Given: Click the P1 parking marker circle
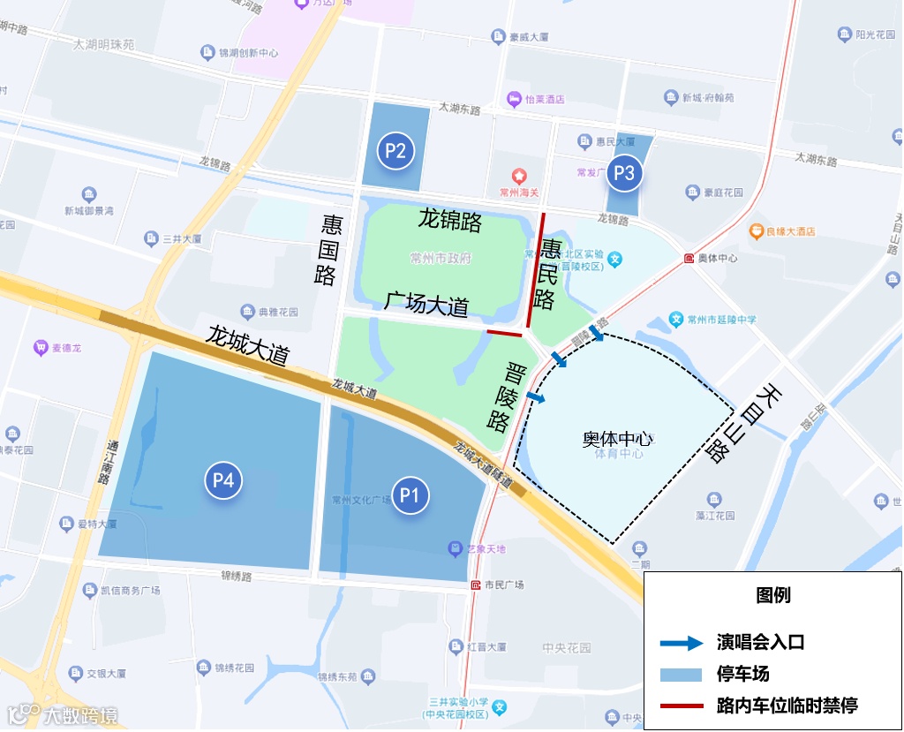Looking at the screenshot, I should click(x=409, y=495).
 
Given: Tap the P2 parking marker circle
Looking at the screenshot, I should click(x=395, y=151).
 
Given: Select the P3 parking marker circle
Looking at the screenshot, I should click(x=624, y=173).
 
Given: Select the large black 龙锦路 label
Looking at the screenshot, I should click(x=450, y=220).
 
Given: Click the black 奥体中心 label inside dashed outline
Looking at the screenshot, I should click(x=617, y=439).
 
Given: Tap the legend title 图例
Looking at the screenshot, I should click(x=773, y=595).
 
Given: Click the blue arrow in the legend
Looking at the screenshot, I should click(x=682, y=643).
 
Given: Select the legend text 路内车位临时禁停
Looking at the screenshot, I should click(x=787, y=705).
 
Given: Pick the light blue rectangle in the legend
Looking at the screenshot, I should click(x=682, y=675).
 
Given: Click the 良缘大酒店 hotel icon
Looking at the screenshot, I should click(x=757, y=231).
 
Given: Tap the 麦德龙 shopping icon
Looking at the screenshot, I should click(x=40, y=348).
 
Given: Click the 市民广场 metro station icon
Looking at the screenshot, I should click(x=476, y=585).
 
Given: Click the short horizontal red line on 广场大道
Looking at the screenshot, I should click(x=505, y=334).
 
